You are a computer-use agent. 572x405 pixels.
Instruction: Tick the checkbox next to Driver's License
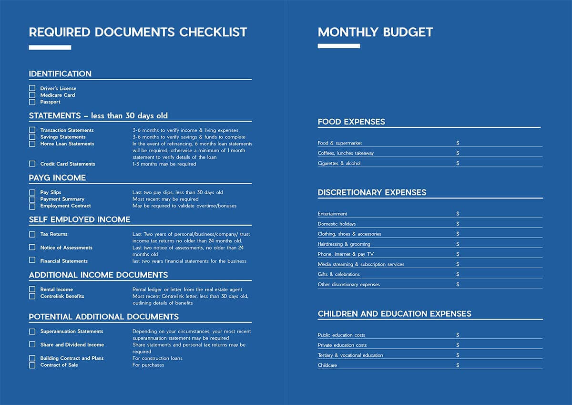[x=32, y=88]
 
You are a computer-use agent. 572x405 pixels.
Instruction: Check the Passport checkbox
[x=32, y=102]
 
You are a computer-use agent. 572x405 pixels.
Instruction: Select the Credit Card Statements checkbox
[x=32, y=164]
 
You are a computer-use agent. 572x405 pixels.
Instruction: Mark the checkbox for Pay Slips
[x=32, y=193]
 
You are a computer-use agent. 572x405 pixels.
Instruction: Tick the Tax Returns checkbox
[x=32, y=234]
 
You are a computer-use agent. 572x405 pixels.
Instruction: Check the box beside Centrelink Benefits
[x=32, y=296]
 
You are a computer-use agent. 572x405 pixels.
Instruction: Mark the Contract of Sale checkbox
[x=32, y=365]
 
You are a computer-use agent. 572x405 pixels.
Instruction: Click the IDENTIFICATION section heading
[x=60, y=74]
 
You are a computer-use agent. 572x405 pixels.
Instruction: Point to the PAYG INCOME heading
[x=57, y=178]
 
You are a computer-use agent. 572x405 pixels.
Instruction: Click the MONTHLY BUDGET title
[x=375, y=32]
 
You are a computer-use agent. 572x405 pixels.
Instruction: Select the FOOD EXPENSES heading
[x=351, y=122]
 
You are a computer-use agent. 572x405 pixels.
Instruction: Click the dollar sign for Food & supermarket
[x=458, y=143]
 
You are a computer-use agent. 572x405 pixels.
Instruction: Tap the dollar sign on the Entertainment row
[x=458, y=214]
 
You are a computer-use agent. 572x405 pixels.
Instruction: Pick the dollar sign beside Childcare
[x=458, y=365]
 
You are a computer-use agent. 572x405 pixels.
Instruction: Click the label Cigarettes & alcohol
[x=339, y=164]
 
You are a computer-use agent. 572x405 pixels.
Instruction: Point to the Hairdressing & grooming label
[x=344, y=244]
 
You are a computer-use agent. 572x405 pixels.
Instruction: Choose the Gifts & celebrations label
[x=338, y=274]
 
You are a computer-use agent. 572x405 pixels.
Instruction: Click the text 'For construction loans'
[x=157, y=358]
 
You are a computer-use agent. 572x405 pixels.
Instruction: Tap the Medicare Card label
[x=57, y=95]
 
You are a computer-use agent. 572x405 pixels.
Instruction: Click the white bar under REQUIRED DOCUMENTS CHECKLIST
[x=50, y=48]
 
